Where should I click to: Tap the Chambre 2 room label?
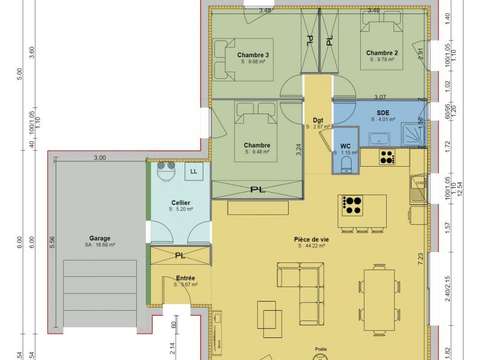(x=382, y=52)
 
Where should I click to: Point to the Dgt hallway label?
(x=318, y=120)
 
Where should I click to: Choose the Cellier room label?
(x=182, y=203)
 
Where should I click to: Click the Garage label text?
(x=98, y=237)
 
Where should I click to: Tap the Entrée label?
(x=185, y=278)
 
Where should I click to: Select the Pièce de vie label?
(x=313, y=239)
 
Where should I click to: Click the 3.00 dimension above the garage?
(x=100, y=158)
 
